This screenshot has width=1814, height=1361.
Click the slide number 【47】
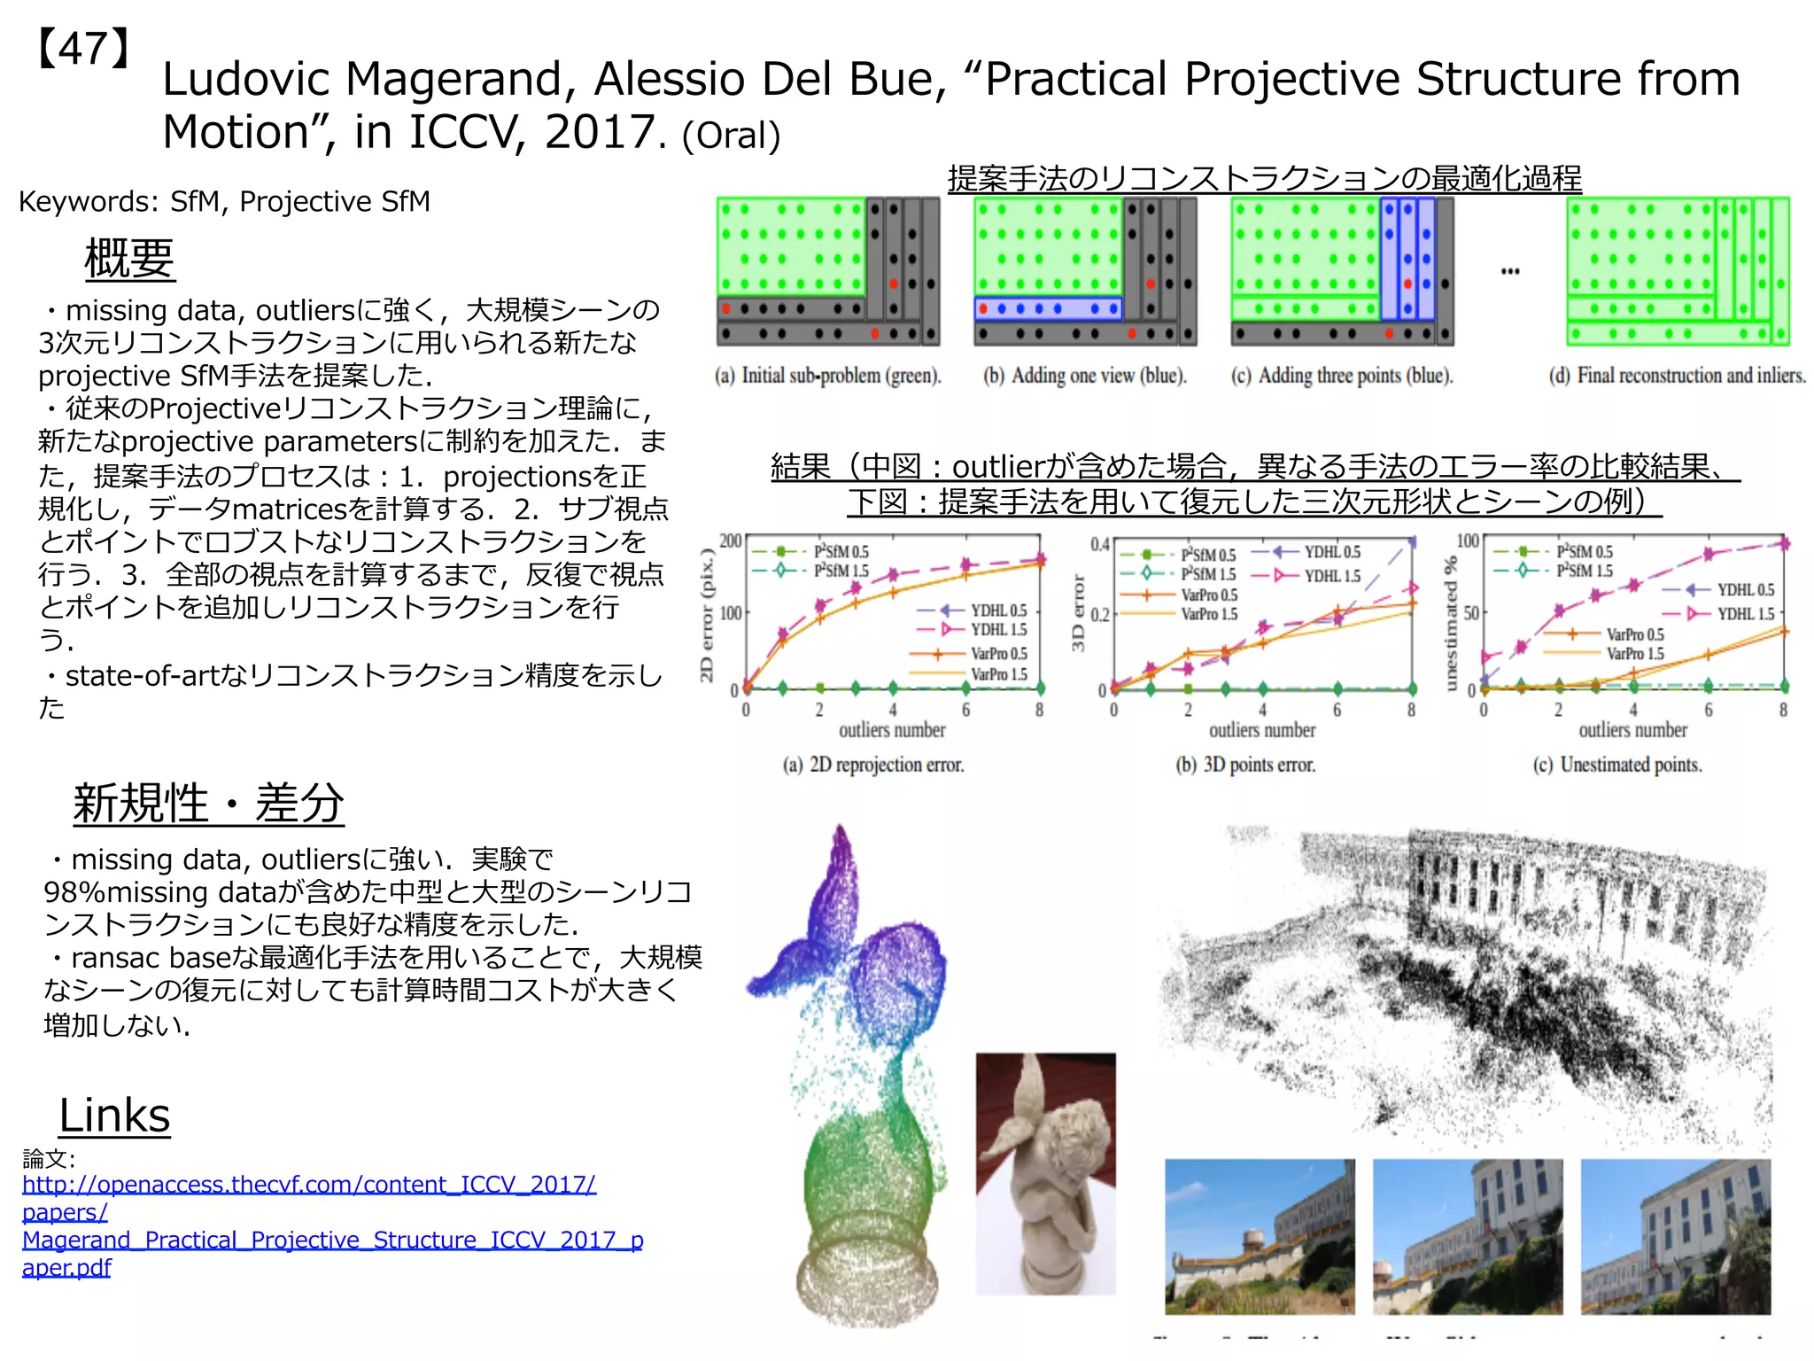click(x=83, y=50)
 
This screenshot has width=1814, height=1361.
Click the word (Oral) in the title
click(x=732, y=136)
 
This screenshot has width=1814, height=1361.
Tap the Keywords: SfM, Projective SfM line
click(x=224, y=202)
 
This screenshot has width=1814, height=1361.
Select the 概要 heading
click(x=129, y=260)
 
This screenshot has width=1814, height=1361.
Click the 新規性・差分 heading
click(x=208, y=804)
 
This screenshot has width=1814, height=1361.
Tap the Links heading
click(x=114, y=1116)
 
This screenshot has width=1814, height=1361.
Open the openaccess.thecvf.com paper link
click(x=308, y=1185)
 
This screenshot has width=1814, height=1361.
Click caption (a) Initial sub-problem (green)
click(x=828, y=376)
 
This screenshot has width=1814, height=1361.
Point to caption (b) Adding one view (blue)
click(x=1085, y=376)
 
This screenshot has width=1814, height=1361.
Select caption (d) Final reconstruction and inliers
click(x=1677, y=376)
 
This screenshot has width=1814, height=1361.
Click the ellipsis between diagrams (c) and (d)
click(x=1510, y=271)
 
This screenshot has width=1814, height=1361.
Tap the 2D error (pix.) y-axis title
click(x=707, y=615)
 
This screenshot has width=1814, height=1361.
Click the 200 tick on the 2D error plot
click(x=730, y=541)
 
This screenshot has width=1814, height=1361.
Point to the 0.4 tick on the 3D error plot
click(x=1099, y=543)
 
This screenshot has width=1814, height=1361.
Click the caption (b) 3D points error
click(x=1245, y=765)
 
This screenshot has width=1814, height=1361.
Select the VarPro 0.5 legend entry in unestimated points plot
click(x=1634, y=634)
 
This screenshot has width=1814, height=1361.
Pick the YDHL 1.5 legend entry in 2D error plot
click(x=998, y=630)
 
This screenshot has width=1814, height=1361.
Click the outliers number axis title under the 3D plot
click(x=1262, y=731)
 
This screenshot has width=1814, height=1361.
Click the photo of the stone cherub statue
click(x=1045, y=1174)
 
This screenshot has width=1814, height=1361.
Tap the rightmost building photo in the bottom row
click(x=1676, y=1236)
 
